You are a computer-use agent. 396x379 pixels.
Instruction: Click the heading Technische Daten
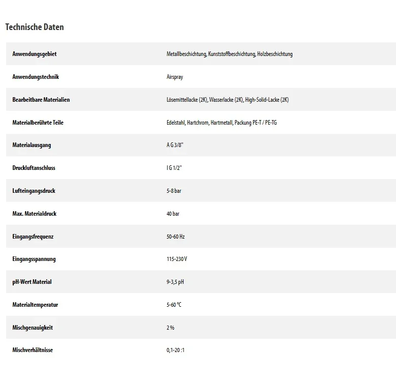tap(35, 27)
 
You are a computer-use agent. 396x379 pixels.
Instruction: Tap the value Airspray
tap(174, 77)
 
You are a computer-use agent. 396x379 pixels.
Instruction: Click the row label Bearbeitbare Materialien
tap(41, 100)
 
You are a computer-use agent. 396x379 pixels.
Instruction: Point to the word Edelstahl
tap(175, 123)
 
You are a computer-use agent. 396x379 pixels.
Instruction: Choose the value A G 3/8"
tap(174, 145)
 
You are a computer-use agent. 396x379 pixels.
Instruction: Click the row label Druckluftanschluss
tap(34, 168)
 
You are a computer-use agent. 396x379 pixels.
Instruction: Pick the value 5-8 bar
tap(174, 191)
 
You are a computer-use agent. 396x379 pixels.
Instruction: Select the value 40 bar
tap(173, 214)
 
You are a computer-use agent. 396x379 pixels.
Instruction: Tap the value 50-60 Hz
tap(175, 237)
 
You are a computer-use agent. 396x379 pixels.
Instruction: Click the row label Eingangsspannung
tap(34, 259)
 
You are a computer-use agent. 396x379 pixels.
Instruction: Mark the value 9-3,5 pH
tap(175, 282)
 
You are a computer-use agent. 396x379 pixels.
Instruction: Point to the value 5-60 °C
tap(174, 305)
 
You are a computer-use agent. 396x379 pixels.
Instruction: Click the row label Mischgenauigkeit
tap(33, 328)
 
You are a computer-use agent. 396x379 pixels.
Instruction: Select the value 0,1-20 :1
tap(175, 351)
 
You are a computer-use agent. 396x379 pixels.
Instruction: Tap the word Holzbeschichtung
tap(275, 54)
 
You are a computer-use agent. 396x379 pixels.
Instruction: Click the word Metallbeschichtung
tap(187, 54)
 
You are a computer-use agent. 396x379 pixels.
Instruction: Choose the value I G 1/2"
tap(174, 168)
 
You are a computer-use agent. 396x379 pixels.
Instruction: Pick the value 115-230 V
tap(177, 259)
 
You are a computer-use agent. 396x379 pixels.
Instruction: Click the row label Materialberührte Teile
tap(38, 123)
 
